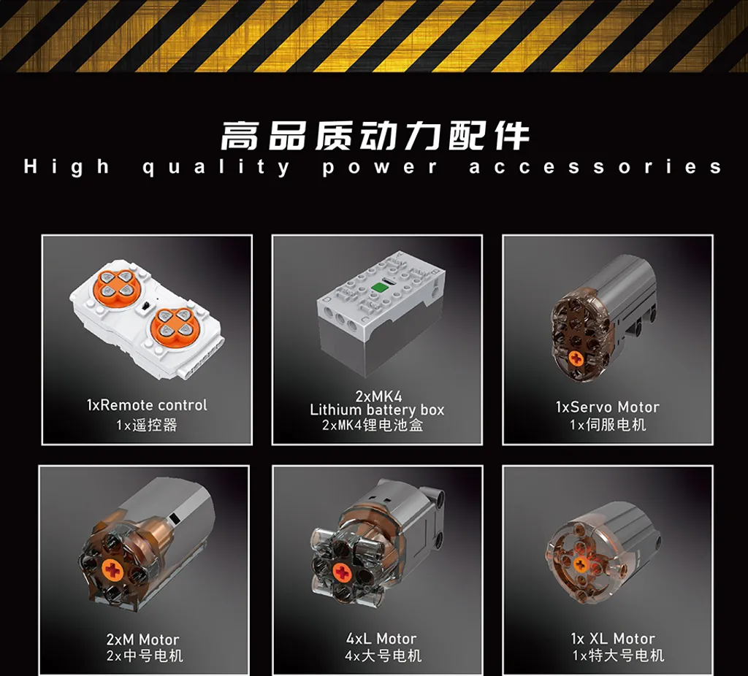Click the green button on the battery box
[x=378, y=288]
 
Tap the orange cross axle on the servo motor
[x=576, y=358]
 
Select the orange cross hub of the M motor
[x=113, y=569]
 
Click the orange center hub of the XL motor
[x=579, y=565]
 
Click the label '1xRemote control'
[x=147, y=405]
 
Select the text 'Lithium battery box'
[x=377, y=410]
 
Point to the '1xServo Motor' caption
[x=607, y=407]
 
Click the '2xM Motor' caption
[x=142, y=639]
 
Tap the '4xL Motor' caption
[x=381, y=638]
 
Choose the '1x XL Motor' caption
[x=613, y=638]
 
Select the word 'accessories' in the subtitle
[x=595, y=167]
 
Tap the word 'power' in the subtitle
[x=379, y=168]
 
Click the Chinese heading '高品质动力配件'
[x=375, y=136]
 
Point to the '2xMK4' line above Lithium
[x=379, y=396]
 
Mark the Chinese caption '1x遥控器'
[x=146, y=424]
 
